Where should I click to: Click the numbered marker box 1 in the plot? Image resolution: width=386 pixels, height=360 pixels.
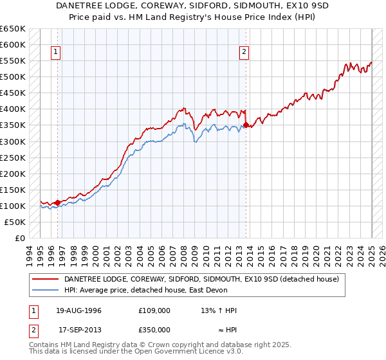57,53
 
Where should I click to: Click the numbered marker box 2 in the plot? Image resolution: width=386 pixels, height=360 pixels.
245,53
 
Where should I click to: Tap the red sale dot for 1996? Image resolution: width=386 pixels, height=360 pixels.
57,203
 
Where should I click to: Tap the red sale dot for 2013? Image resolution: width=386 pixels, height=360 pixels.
246,125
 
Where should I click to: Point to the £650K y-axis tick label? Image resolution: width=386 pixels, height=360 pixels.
13,29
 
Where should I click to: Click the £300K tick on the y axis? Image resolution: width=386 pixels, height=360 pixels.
13,141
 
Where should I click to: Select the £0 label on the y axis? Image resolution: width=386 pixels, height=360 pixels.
20,238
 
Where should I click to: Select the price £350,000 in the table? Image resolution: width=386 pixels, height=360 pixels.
154,330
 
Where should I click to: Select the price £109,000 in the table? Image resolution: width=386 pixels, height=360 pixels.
154,310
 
